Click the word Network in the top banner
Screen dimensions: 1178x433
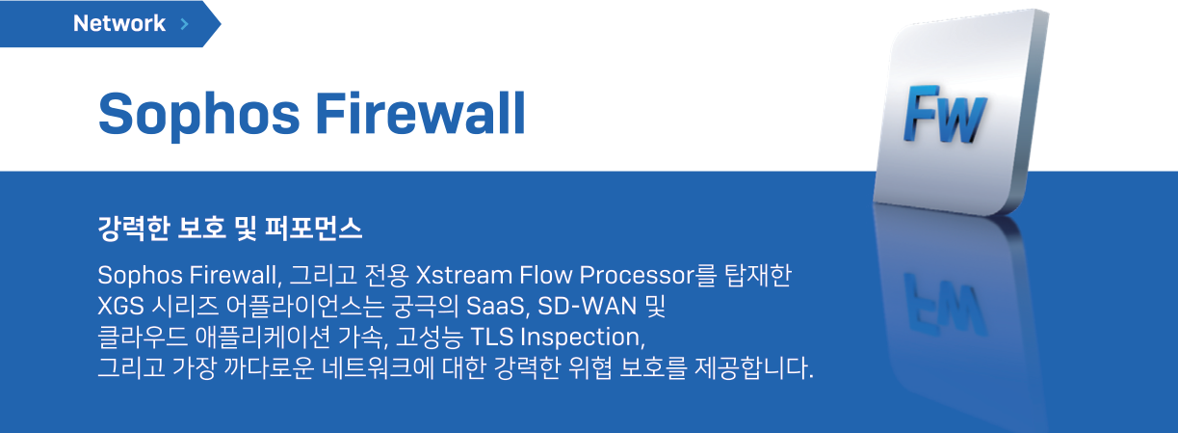(119, 23)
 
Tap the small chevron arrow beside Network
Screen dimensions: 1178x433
(184, 24)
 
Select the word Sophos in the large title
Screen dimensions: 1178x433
(199, 115)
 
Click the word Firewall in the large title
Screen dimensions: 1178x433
(421, 113)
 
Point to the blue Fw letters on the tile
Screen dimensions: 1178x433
(945, 114)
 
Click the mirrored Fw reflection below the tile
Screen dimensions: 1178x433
(944, 305)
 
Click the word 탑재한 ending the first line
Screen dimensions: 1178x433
(758, 275)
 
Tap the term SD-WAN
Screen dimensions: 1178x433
(588, 306)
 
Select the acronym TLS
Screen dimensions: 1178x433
(491, 338)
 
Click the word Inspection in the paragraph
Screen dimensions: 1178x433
(582, 338)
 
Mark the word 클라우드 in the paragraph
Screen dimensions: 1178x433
(143, 338)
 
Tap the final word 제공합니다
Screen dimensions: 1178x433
(753, 367)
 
